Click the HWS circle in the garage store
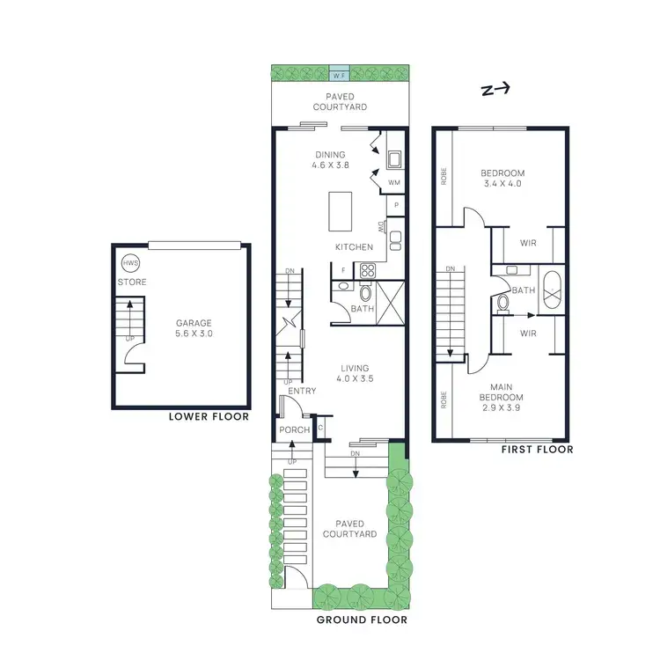pyautogui.click(x=130, y=264)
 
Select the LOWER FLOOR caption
pyautogui.click(x=209, y=417)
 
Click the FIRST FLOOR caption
pyautogui.click(x=536, y=449)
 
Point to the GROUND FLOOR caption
pyautogui.click(x=361, y=620)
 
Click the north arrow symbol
pyautogui.click(x=495, y=89)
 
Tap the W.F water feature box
pyautogui.click(x=339, y=74)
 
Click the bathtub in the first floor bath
pyautogui.click(x=552, y=290)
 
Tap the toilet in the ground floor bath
pyautogui.click(x=367, y=292)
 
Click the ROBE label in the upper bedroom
pyautogui.click(x=444, y=177)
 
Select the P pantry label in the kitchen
pyautogui.click(x=397, y=205)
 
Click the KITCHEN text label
pyautogui.click(x=355, y=247)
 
